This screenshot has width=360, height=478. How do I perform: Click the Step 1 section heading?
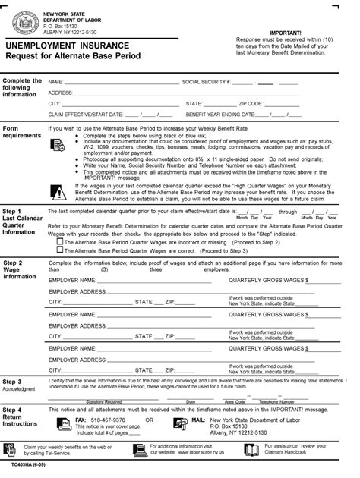click(x=24, y=221)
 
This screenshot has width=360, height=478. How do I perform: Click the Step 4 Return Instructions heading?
click(x=23, y=417)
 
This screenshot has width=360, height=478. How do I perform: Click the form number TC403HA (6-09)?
click(x=22, y=462)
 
